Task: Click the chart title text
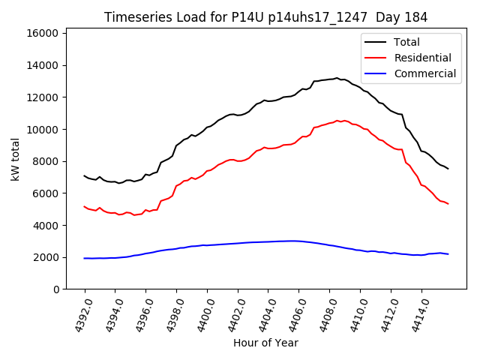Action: [x=266, y=17]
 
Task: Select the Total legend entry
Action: [x=406, y=42]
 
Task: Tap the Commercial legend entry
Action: [x=424, y=73]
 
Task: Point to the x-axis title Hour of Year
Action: [x=265, y=343]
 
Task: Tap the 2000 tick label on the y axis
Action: [x=46, y=257]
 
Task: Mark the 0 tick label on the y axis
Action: [x=56, y=289]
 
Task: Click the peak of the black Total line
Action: [x=337, y=77]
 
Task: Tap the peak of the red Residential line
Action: [x=337, y=120]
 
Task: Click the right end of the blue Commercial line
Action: [x=448, y=254]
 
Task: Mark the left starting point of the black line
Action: [x=84, y=175]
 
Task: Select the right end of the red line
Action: [x=448, y=203]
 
